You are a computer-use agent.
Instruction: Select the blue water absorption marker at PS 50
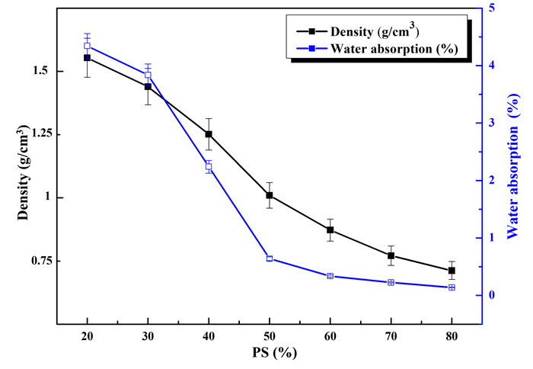(x=270, y=258)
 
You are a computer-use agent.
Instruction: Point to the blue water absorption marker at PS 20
(x=88, y=46)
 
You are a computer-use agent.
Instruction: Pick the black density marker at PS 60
(x=330, y=229)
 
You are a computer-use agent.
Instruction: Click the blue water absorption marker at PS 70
(x=391, y=283)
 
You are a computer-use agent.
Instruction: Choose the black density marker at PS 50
(x=270, y=195)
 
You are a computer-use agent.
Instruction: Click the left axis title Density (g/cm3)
(x=22, y=175)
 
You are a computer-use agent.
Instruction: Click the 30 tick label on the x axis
(x=148, y=335)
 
